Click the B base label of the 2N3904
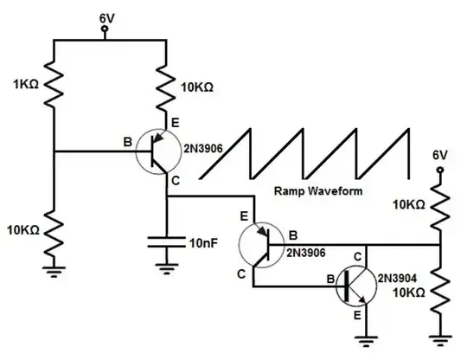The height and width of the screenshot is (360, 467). coord(329,278)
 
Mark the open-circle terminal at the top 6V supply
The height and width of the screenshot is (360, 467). coord(105,31)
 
